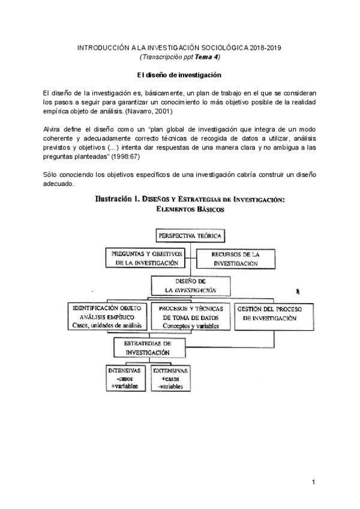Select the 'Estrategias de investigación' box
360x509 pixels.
pos(147,348)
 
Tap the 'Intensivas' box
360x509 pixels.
pos(124,378)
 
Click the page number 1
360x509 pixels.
pos(313,482)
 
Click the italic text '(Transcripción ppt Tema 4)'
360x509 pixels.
pos(179,57)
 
